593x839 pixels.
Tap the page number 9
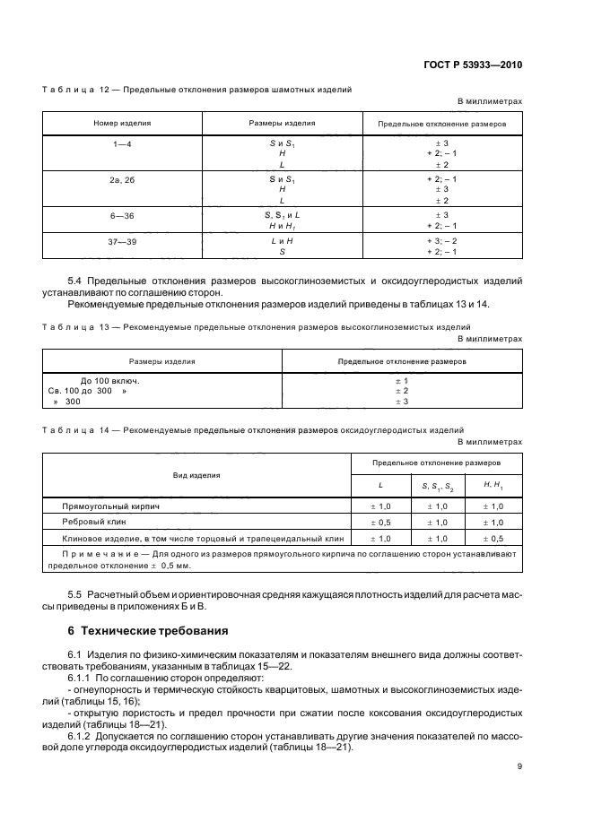click(519, 766)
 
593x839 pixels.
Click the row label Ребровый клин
click(88, 523)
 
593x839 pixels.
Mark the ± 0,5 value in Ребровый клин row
click(379, 523)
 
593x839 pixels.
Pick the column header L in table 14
click(379, 485)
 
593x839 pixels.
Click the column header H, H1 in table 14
click(493, 485)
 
